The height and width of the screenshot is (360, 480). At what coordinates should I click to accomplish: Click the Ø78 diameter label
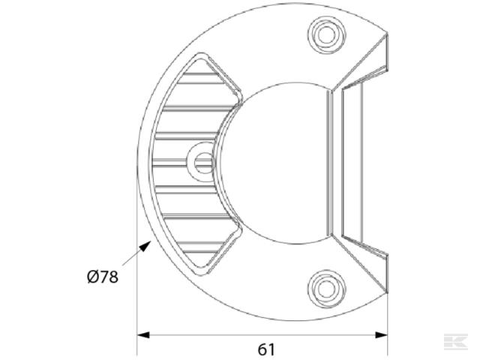coord(103,277)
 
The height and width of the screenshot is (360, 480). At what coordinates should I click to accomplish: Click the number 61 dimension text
coord(266,349)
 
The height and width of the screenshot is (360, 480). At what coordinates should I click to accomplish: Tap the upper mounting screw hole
coord(326,34)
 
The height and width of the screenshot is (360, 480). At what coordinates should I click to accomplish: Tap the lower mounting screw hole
coord(326,289)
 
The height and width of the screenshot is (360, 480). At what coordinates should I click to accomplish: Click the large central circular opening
coord(275,163)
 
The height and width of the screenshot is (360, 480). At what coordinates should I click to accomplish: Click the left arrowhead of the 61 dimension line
coord(143,335)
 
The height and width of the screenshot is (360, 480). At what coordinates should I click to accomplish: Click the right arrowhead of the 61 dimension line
coord(381,335)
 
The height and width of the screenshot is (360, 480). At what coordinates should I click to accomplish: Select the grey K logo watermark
coord(455,342)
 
